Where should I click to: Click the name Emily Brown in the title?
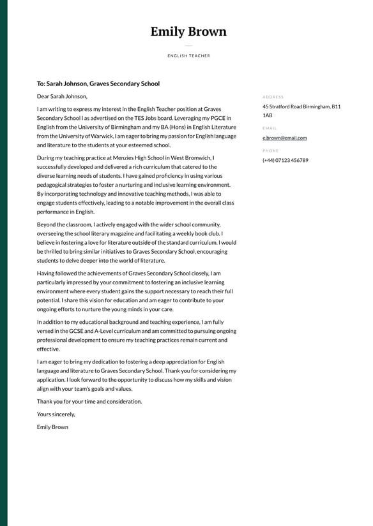tap(188, 32)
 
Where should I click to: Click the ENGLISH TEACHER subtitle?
tap(188, 56)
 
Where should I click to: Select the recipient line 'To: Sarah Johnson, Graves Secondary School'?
tap(98, 84)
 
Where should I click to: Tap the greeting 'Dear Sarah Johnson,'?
tap(62, 96)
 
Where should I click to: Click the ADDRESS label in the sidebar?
tap(273, 97)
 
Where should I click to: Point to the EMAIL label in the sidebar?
tap(270, 128)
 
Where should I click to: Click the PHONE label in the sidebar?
tap(270, 151)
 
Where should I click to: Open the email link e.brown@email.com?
tap(284, 138)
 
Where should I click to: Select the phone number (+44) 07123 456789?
tap(285, 161)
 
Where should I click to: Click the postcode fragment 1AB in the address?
tap(267, 115)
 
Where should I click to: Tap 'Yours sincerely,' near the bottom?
tap(56, 414)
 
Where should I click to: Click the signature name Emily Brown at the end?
tap(52, 427)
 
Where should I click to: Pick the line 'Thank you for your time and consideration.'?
tap(89, 402)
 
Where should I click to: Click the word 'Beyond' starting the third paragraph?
tap(47, 224)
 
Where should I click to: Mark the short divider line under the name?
tap(188, 46)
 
